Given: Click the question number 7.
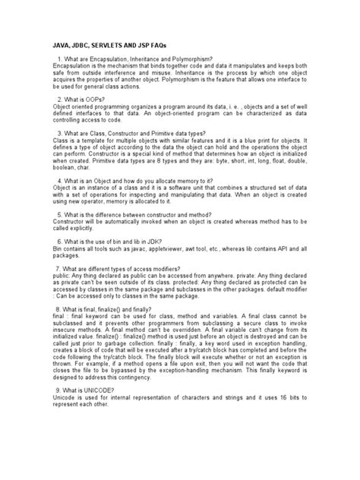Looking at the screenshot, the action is click(x=59, y=291).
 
